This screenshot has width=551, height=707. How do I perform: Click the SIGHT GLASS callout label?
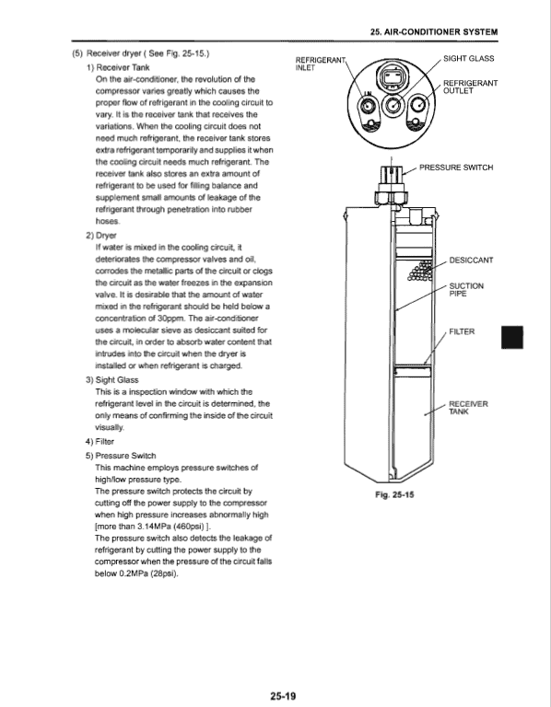pyautogui.click(x=468, y=59)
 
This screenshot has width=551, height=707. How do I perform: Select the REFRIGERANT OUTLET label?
pyautogui.click(x=470, y=87)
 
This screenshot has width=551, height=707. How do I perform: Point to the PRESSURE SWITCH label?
pyautogui.click(x=456, y=168)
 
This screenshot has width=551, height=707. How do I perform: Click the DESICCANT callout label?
pyautogui.click(x=471, y=261)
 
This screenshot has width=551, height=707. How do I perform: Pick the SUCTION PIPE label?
pyautogui.click(x=466, y=290)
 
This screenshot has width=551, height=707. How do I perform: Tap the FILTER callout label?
pyautogui.click(x=462, y=331)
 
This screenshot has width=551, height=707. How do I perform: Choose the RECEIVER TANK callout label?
pyautogui.click(x=468, y=408)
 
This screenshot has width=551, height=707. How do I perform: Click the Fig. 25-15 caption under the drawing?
pyautogui.click(x=394, y=494)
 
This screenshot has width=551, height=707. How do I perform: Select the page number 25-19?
pyautogui.click(x=284, y=696)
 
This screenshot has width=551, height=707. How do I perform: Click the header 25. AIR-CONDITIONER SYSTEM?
pyautogui.click(x=434, y=32)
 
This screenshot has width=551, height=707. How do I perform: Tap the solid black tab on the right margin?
pyautogui.click(x=512, y=337)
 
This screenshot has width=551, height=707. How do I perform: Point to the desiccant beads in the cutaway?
pyautogui.click(x=419, y=271)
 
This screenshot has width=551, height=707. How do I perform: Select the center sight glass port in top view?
pyautogui.click(x=392, y=106)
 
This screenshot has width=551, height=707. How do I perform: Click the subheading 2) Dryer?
pyautogui.click(x=101, y=236)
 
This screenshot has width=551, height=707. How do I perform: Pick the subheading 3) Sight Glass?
pyautogui.click(x=111, y=380)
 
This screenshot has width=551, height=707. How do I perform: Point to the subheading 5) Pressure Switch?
pyautogui.click(x=121, y=456)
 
